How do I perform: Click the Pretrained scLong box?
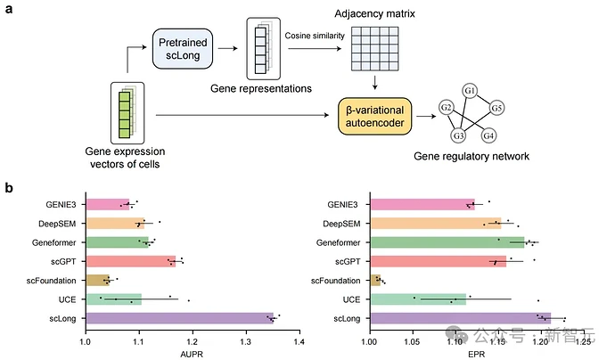(x=182, y=49)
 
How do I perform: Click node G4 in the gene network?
(x=488, y=135)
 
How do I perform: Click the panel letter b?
(x=9, y=189)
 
